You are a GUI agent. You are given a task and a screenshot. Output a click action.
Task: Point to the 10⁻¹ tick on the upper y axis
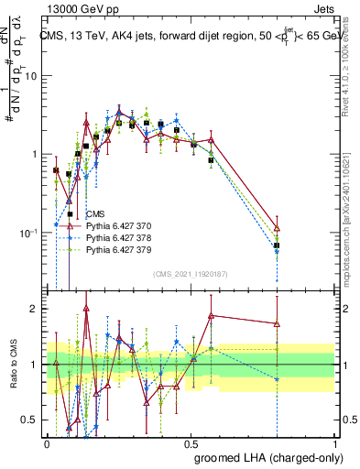click(x=31, y=233)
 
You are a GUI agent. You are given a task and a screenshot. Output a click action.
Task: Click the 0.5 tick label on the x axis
click(x=191, y=442)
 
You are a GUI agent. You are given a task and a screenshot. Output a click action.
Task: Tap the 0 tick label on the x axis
click(x=47, y=442)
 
